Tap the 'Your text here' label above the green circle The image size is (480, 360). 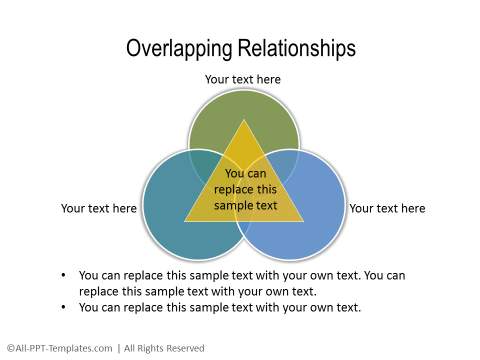pyautogui.click(x=243, y=79)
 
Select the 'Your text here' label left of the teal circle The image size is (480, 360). pyautogui.click(x=99, y=209)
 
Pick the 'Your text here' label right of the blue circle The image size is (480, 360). pyautogui.click(x=387, y=209)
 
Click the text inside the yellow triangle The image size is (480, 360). pyautogui.click(x=244, y=189)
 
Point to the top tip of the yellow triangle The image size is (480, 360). pyautogui.click(x=244, y=120)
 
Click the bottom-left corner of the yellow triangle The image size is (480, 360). pyautogui.click(x=186, y=220)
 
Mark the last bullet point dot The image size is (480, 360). pyautogui.click(x=64, y=308)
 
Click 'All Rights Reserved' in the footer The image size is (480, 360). pyautogui.click(x=164, y=347)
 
